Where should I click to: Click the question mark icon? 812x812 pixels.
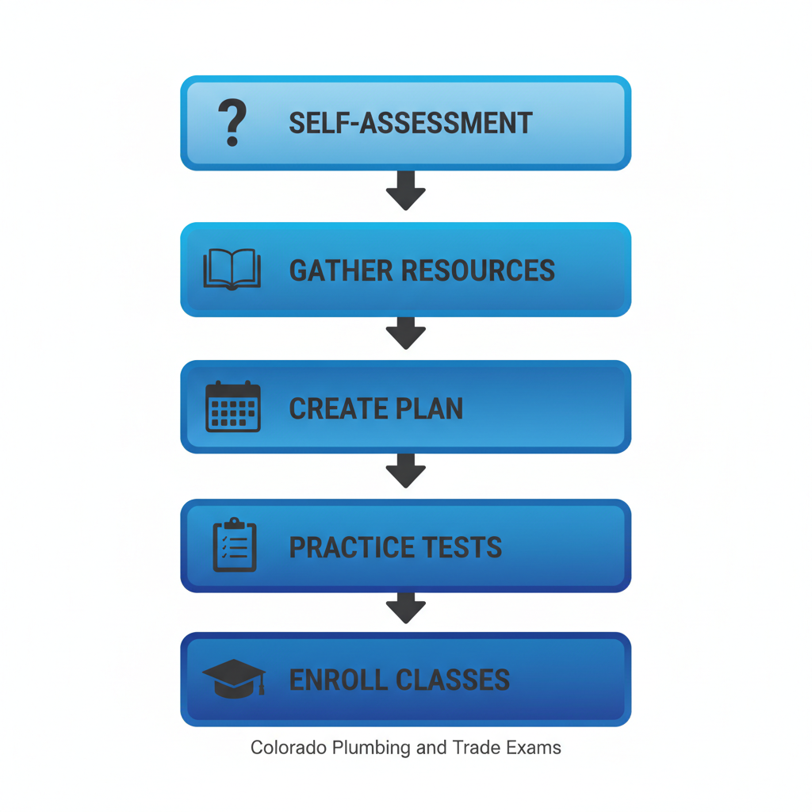[232, 124]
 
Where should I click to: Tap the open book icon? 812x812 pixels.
[232, 270]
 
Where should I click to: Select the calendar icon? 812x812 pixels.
[232, 407]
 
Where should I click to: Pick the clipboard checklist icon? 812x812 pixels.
[235, 546]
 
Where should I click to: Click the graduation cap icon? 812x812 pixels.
[233, 679]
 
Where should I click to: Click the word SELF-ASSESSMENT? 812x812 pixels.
[410, 124]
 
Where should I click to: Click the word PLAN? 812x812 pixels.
[429, 408]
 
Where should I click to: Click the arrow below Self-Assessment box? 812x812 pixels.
[406, 190]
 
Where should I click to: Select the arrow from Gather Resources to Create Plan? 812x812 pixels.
[406, 333]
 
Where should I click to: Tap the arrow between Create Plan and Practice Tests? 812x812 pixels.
[406, 471]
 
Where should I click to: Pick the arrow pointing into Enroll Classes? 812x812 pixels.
[406, 609]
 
